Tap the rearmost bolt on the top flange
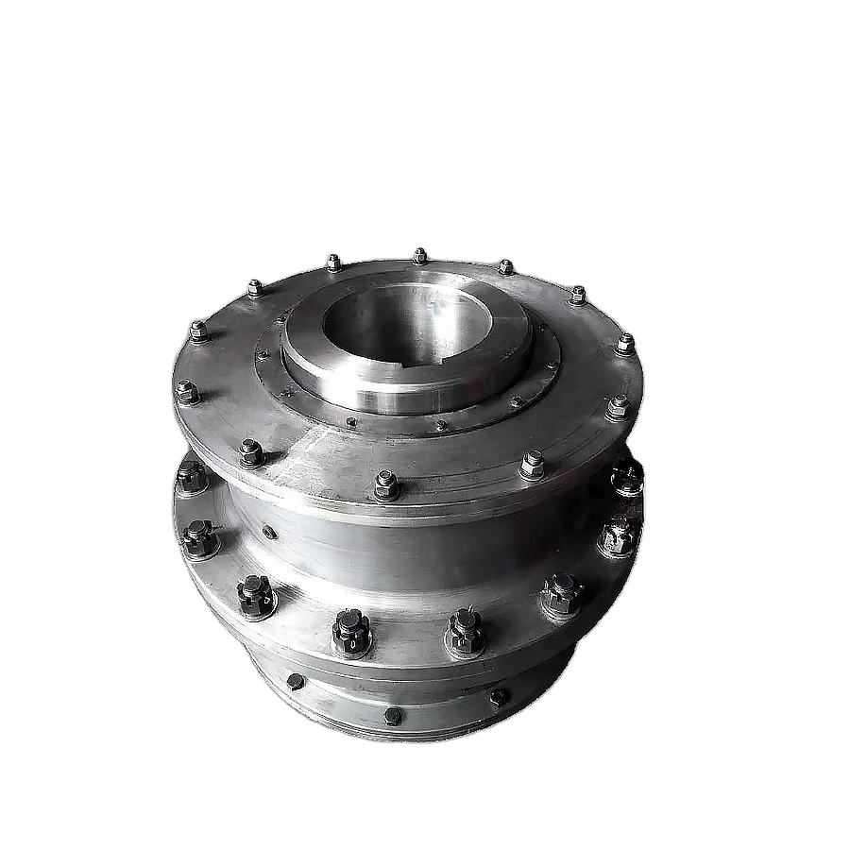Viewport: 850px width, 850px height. coord(419,256)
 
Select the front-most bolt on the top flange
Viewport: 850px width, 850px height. coord(386,484)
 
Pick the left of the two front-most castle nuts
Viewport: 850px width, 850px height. coord(350,632)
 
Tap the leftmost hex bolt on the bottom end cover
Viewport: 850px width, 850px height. coord(295,682)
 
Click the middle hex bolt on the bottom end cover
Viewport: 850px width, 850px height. coord(393,715)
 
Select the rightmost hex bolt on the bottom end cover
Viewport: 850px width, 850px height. coord(499,697)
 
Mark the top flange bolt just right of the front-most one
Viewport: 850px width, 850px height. coord(532,464)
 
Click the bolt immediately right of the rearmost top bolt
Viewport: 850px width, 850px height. coord(505,267)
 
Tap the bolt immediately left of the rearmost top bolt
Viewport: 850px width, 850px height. coord(332,262)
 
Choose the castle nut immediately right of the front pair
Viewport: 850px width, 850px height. coord(562,592)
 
